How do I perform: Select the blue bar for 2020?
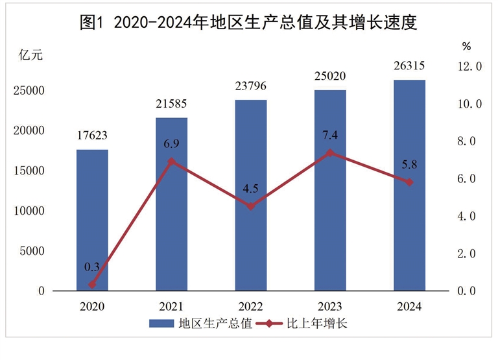[x=92, y=220]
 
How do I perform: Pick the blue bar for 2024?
[x=409, y=185]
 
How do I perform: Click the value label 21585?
[x=171, y=104]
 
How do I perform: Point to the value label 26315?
[x=409, y=67]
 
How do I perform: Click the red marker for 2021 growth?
[x=171, y=162]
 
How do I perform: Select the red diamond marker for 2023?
[x=330, y=152]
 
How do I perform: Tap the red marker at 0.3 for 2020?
[x=92, y=285]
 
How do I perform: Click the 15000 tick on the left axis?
[x=30, y=171]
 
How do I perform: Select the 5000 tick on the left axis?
[x=33, y=251]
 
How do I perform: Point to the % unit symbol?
[x=466, y=46]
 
